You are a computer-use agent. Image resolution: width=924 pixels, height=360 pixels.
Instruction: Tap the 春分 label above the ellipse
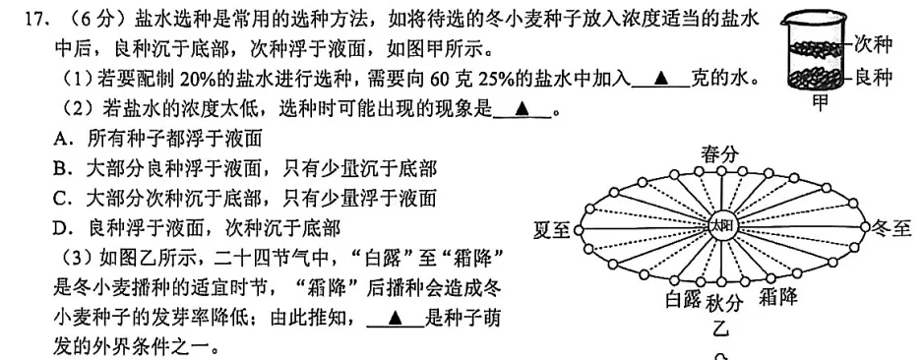tap(720, 153)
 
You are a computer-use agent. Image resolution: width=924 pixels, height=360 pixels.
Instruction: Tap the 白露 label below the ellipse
tap(683, 299)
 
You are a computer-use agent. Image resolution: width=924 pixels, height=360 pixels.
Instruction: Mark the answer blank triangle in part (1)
tap(657, 80)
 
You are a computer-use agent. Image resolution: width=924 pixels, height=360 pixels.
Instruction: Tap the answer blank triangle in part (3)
tap(395, 318)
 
